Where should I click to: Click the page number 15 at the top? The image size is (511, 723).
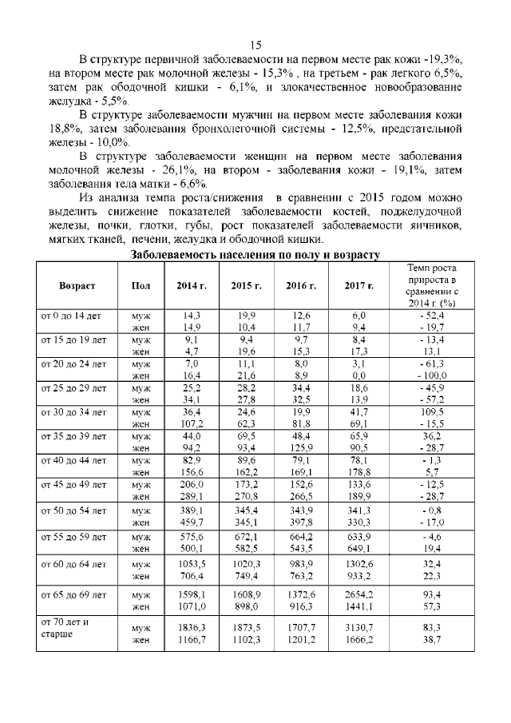click(x=255, y=44)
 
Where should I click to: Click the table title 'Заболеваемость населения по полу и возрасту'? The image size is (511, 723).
click(x=255, y=254)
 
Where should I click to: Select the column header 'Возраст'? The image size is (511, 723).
click(x=77, y=285)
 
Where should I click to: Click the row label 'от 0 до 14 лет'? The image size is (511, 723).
click(x=73, y=316)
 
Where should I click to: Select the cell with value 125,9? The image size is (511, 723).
click(x=301, y=447)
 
